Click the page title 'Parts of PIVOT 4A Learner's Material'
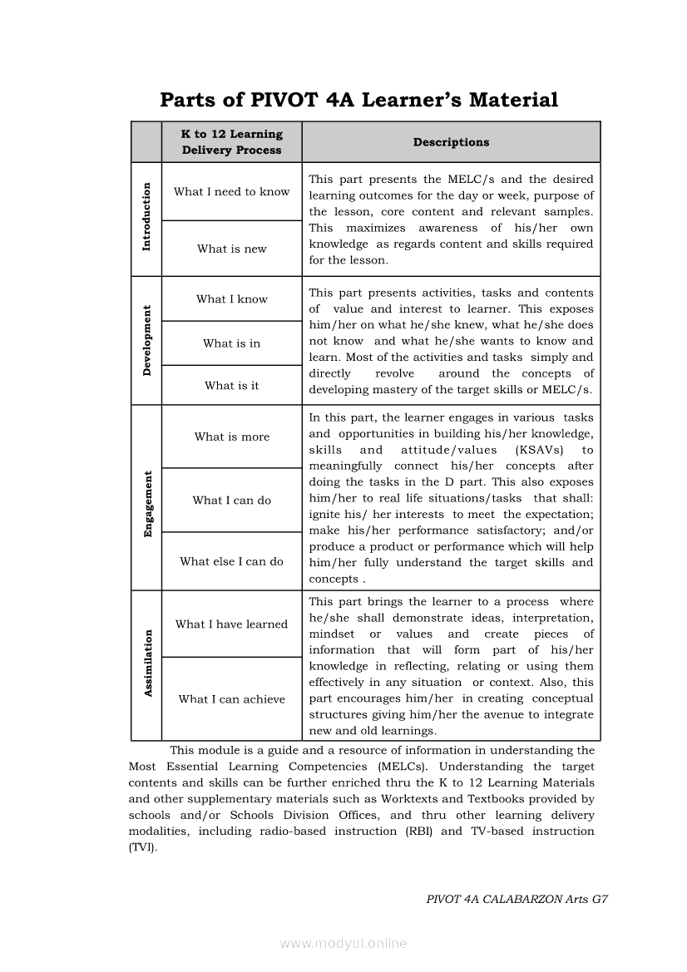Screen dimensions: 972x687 358,101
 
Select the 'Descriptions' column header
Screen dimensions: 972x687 451,142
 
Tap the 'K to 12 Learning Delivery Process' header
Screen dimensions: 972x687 232,142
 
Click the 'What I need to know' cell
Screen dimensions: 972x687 232,192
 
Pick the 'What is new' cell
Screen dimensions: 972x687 232,249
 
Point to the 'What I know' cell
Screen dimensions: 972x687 232,299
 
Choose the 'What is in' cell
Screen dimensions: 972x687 232,343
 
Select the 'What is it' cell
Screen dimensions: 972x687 232,386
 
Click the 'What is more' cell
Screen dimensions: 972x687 232,437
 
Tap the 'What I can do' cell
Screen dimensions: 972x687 232,501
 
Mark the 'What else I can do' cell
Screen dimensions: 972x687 232,561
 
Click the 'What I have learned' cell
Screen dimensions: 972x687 232,624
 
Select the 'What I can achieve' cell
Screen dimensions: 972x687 232,699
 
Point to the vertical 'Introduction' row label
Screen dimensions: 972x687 147,217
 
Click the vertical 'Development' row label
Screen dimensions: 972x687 147,341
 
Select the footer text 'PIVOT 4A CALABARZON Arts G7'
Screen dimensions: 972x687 516,899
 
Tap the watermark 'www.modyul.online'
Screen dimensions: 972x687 343,944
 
